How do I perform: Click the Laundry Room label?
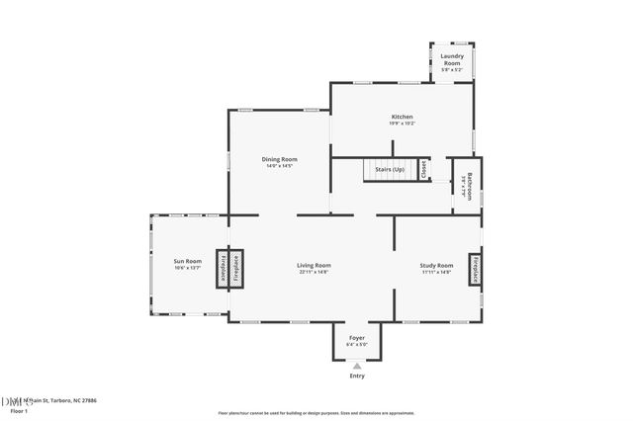coord(452,60)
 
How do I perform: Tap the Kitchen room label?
coord(401,117)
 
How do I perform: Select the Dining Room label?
coord(279,159)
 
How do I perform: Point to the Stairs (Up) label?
coord(390,170)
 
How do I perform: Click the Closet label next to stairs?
coord(424,169)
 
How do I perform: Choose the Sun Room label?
coord(188,261)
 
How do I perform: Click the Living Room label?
coord(315,265)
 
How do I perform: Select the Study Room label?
coord(436,265)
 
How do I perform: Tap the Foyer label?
coord(357,338)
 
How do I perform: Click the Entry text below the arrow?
coord(357,376)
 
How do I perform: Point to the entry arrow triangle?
coord(357,366)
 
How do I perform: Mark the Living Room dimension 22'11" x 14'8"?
coord(315,272)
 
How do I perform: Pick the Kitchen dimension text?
coord(401,124)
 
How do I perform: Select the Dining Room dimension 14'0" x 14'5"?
coord(279,166)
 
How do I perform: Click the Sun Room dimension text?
coord(188,268)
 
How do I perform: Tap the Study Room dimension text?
coord(436,272)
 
